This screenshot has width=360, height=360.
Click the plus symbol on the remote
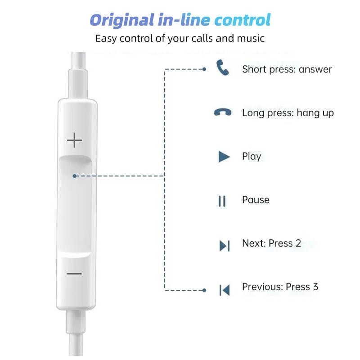(75, 141)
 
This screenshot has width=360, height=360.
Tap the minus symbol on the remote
(75, 274)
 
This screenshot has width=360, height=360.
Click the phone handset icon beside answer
(223, 69)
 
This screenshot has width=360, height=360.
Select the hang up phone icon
(223, 112)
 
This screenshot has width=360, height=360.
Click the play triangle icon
(224, 157)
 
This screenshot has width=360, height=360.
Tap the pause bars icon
(222, 201)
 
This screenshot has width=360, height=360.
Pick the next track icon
(224, 246)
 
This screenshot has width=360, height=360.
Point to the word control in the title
(243, 20)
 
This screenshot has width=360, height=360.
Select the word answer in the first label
(315, 69)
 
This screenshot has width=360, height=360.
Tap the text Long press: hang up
(288, 112)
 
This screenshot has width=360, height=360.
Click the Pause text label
(256, 200)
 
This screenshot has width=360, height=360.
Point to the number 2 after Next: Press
(298, 243)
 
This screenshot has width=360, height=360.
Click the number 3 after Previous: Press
(315, 287)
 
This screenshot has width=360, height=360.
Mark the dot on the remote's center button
(74, 176)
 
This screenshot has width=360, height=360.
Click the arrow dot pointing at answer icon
(204, 69)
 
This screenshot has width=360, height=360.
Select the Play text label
(252, 157)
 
